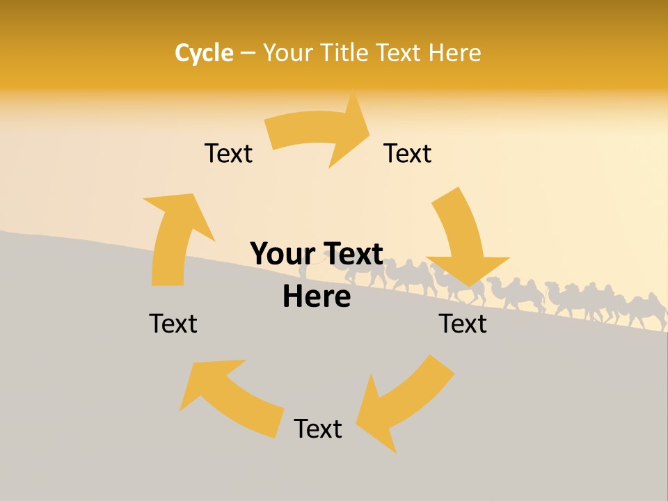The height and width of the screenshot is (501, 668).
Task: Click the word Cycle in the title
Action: pos(204,53)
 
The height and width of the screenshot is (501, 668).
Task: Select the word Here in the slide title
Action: pos(454,53)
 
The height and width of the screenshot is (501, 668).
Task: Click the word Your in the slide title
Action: pos(287,53)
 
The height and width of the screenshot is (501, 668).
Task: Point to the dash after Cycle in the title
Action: pos(248,53)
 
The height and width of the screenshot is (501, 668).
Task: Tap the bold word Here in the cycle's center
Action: pos(317,297)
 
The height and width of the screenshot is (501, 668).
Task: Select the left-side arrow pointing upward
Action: pos(174,237)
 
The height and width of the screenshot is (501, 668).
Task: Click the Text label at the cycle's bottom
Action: pos(318,429)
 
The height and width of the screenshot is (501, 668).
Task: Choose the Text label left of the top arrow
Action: pos(228,153)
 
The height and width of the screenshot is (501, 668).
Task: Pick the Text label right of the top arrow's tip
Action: pos(408,153)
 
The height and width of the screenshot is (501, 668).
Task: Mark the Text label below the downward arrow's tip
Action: pos(463,324)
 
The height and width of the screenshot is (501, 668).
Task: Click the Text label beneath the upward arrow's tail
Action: pos(173,324)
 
